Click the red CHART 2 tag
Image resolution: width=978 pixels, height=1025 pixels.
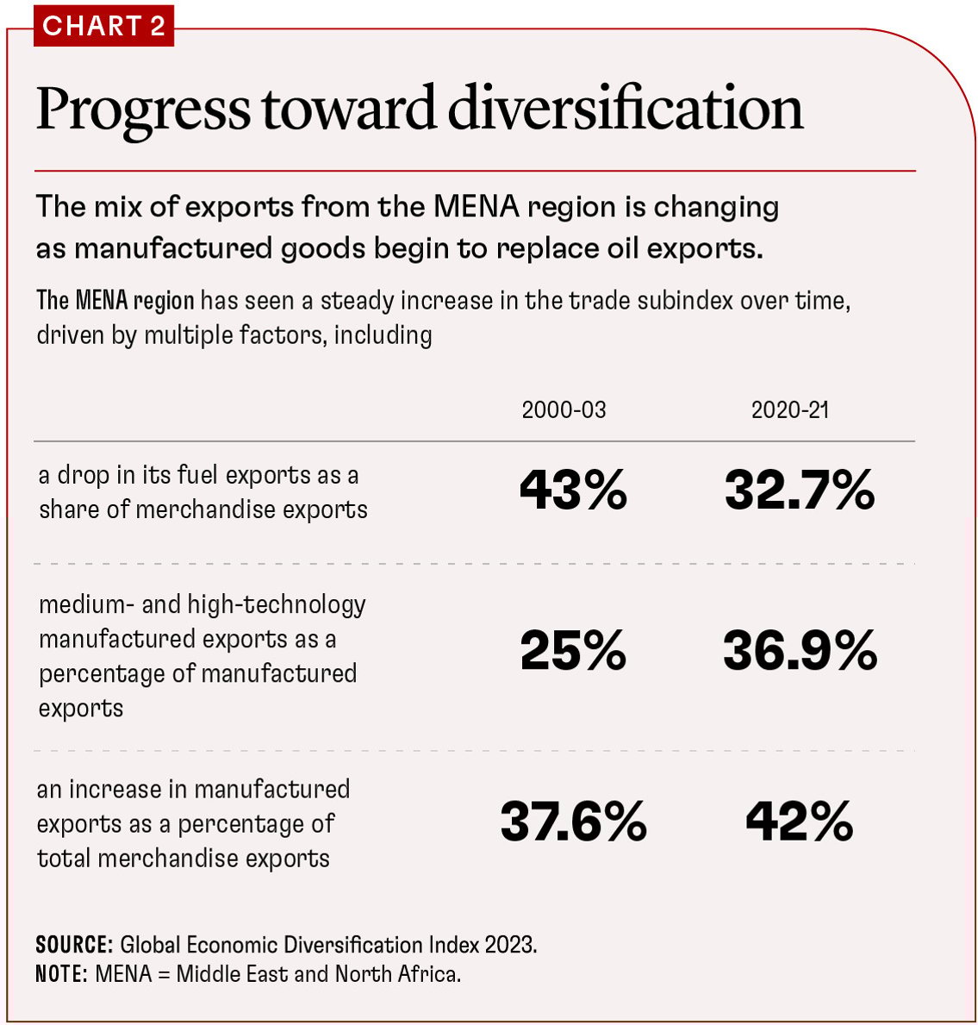tap(103, 26)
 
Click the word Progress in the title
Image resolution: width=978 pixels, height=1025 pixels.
tap(143, 110)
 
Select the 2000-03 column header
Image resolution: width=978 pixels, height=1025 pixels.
tap(564, 409)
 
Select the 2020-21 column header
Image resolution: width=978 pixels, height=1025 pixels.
tap(789, 409)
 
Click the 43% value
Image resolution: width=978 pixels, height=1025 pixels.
tap(573, 491)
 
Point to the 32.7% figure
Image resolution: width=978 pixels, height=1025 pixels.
tap(800, 491)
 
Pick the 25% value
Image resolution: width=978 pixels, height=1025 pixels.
tap(573, 651)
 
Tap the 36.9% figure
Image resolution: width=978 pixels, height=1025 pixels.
tap(800, 651)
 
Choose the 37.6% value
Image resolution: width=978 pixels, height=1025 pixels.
tap(573, 822)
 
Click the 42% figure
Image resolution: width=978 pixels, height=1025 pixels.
tap(800, 822)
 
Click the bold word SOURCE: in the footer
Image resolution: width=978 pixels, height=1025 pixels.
tap(74, 945)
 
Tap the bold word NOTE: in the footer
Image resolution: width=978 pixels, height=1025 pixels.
tap(62, 974)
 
